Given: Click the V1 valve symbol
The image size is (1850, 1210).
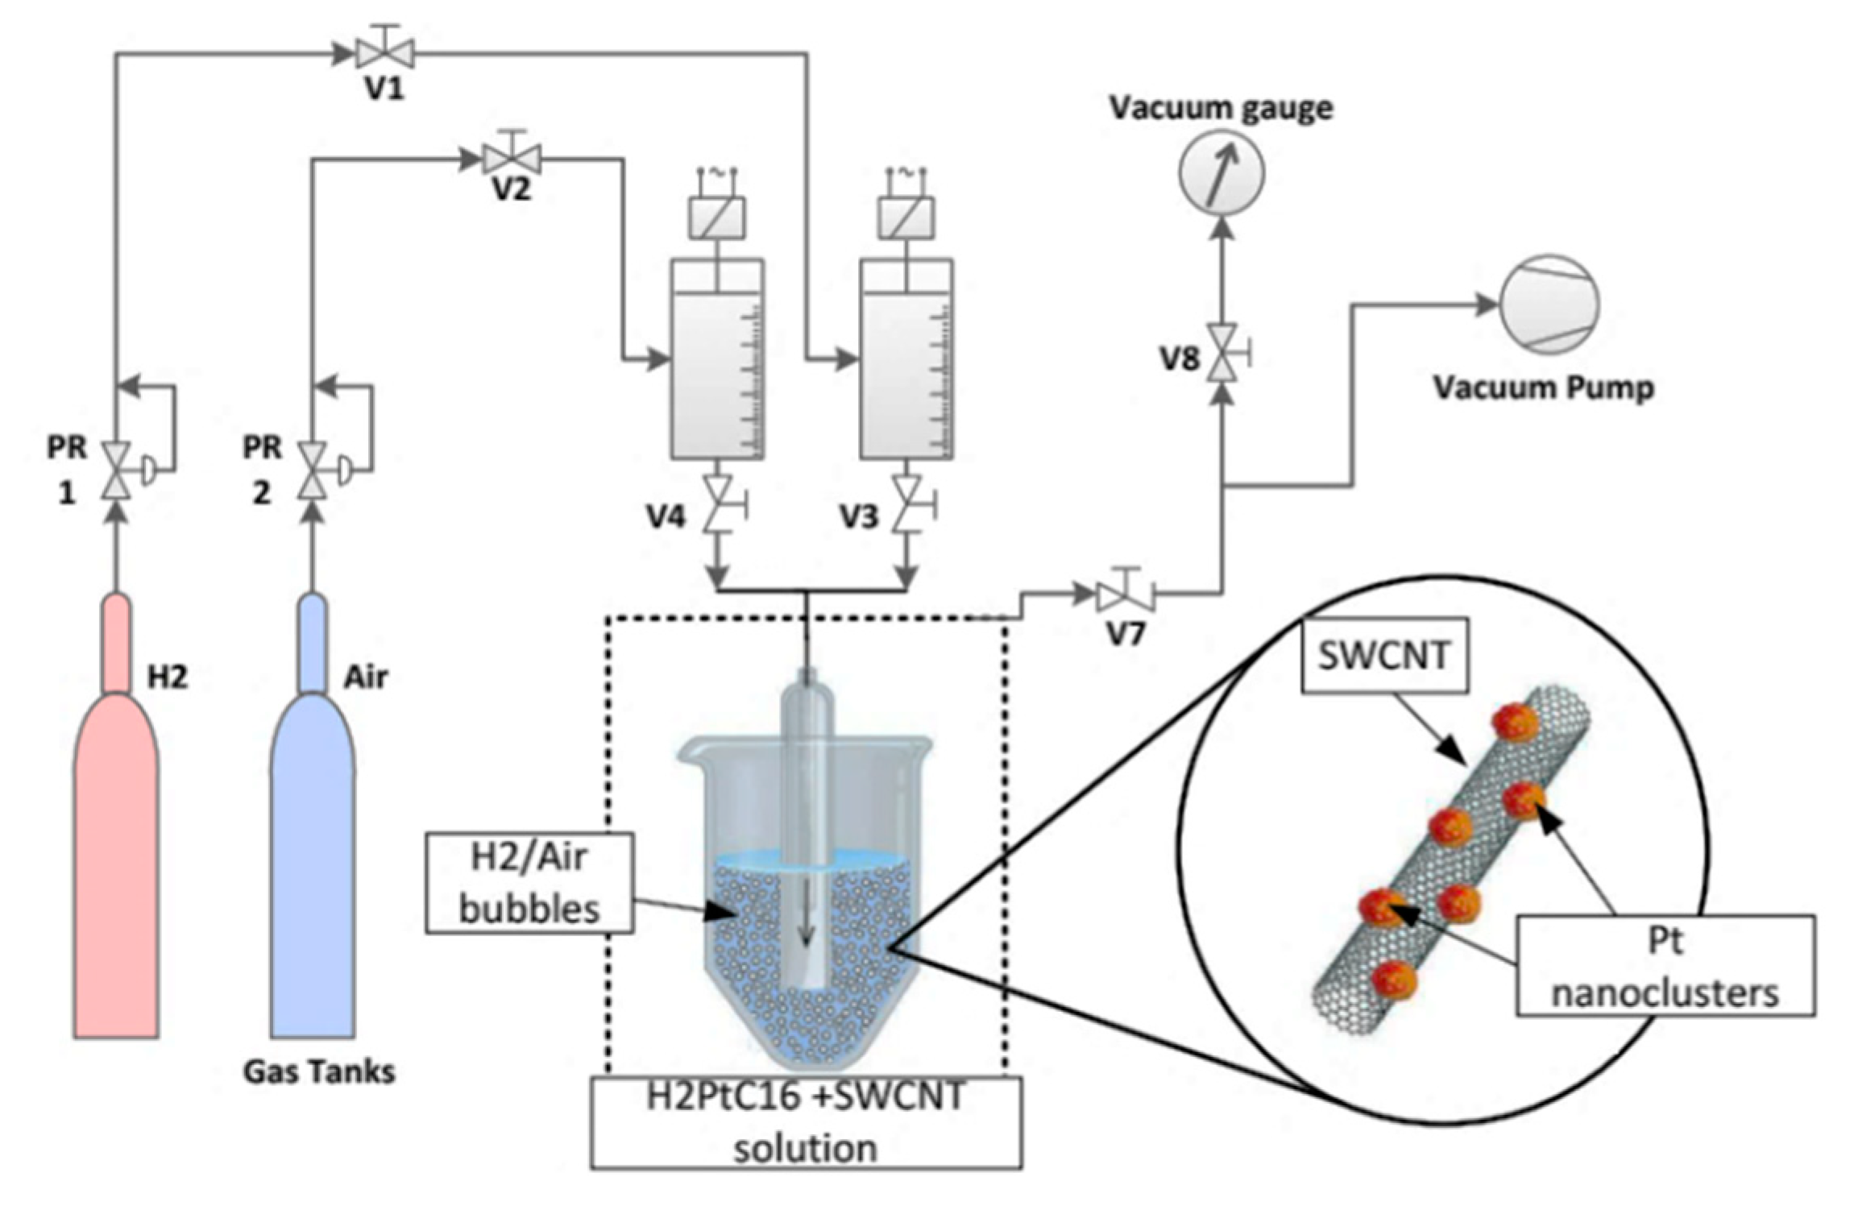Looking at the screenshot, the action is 385,53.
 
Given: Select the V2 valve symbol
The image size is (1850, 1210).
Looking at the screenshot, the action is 512,158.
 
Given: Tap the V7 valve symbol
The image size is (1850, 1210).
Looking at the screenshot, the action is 1126,595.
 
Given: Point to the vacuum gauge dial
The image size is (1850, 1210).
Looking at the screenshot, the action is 1222,172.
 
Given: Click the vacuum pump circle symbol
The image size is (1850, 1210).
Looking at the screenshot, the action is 1549,305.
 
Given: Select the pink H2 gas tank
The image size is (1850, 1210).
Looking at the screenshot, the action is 116,815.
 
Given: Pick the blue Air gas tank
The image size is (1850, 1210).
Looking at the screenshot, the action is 313,815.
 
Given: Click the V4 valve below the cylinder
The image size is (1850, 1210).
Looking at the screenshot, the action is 718,504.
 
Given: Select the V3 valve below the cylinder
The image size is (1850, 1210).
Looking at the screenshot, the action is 907,504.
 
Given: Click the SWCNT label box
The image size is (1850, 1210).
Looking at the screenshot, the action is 1384,655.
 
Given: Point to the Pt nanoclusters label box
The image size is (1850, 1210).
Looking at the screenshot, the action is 1665,965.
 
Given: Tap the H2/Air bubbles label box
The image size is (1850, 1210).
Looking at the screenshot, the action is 529,883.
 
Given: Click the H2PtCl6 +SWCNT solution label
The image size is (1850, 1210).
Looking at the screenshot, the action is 807,1122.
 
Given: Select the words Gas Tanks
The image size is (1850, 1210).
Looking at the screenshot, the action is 319,1072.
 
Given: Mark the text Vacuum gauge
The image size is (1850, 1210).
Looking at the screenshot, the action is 1222,108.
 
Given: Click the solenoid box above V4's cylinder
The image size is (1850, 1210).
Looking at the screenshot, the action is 717,218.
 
